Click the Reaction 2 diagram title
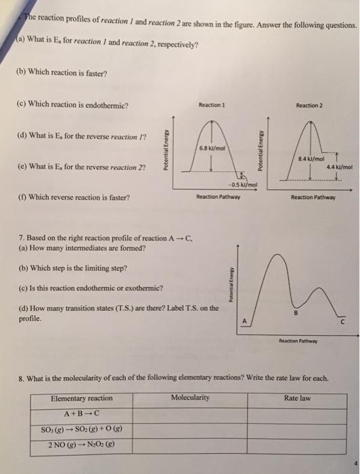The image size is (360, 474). [310, 105]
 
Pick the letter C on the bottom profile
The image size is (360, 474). [342, 322]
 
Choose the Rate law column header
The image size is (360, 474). [298, 398]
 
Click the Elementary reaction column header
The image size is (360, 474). [82, 398]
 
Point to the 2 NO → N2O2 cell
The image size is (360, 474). [82, 444]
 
